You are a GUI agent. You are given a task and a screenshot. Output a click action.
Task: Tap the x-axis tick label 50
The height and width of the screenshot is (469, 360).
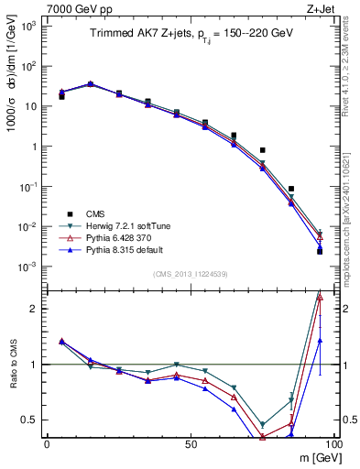click(190, 443)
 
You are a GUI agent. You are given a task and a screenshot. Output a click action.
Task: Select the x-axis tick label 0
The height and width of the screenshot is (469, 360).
click(47, 443)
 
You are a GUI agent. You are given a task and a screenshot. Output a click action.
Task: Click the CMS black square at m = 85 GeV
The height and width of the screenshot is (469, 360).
click(291, 189)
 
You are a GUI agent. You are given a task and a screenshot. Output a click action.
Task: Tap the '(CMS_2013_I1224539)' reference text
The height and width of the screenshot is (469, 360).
click(190, 273)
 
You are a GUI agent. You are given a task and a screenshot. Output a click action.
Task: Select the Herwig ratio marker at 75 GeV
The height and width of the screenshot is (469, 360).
click(263, 425)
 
